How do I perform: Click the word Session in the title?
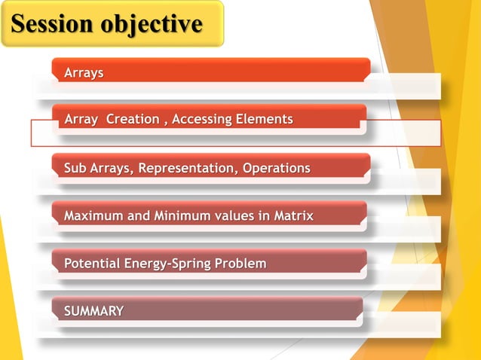[x=49, y=24]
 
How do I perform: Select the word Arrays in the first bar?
[x=84, y=73]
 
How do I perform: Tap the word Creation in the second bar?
[x=133, y=119]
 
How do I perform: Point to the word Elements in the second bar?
[x=263, y=119]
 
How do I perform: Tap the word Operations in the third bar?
[x=276, y=168]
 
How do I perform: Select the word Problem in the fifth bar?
[x=240, y=264]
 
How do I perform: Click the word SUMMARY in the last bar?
[x=94, y=311]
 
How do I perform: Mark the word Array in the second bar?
[x=81, y=119]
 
